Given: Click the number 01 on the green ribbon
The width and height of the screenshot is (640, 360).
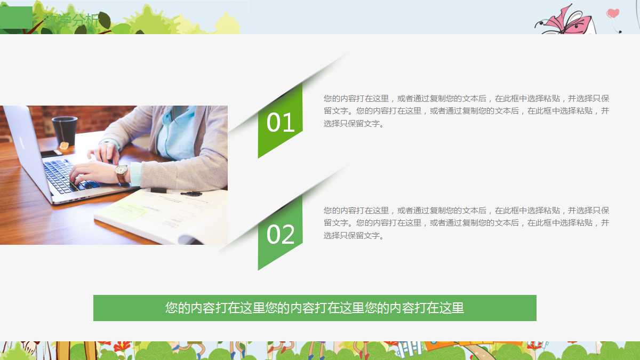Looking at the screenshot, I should [x=281, y=123].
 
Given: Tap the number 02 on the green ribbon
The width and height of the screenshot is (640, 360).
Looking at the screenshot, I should [x=281, y=235].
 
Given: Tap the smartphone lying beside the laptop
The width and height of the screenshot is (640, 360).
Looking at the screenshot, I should [x=51, y=154].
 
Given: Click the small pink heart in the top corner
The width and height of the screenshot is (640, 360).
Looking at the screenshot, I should [x=613, y=13].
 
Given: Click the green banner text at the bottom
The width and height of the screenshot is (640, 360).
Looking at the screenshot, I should [x=315, y=308].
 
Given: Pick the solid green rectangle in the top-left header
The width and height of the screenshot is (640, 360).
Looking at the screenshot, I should [x=16, y=18].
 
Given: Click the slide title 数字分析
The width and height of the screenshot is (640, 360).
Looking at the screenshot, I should [x=72, y=21].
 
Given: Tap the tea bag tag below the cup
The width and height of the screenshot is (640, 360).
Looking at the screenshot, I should [x=64, y=146].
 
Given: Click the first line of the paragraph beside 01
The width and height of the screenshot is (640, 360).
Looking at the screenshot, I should [x=466, y=99].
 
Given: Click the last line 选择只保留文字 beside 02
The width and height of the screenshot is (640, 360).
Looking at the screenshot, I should [x=354, y=236].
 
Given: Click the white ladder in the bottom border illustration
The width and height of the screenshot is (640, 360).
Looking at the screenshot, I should [x=408, y=349].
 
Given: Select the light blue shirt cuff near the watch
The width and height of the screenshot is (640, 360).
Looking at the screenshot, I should [x=135, y=174].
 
